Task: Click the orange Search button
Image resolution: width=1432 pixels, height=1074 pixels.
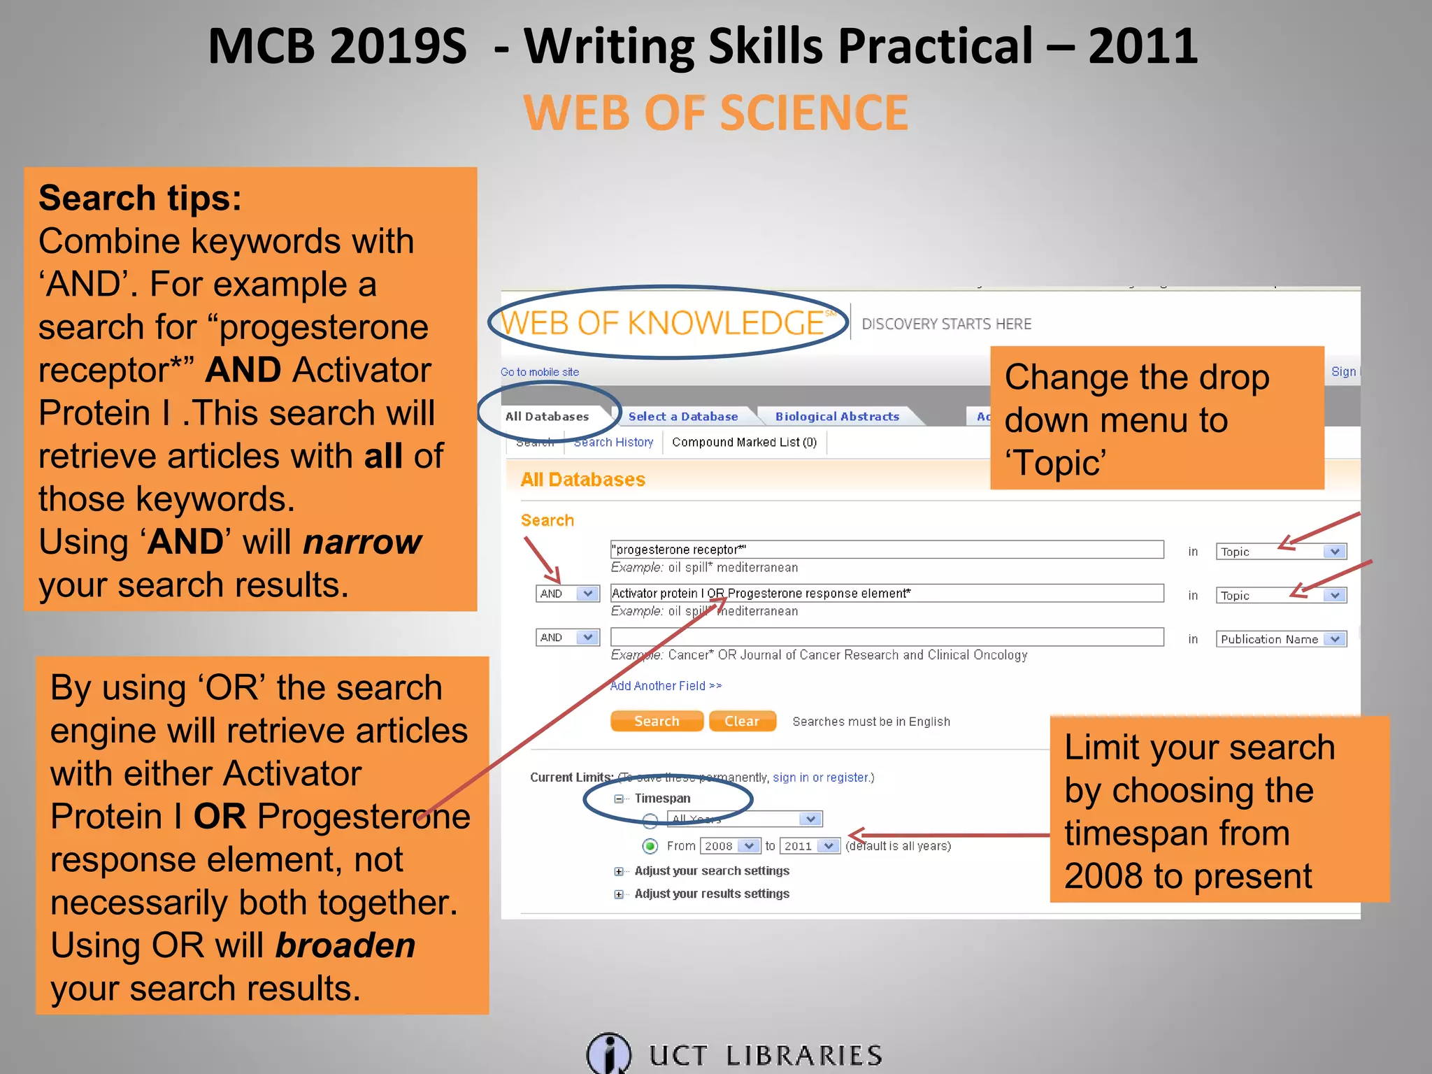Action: tap(657, 721)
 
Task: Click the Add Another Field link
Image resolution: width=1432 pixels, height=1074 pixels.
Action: tap(665, 686)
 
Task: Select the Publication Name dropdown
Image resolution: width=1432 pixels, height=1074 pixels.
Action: tap(1281, 639)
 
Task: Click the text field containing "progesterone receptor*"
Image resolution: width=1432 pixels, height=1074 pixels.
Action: tap(886, 550)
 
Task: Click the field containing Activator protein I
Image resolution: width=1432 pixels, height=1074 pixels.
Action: tap(886, 594)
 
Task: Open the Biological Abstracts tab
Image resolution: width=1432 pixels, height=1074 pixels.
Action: tap(837, 417)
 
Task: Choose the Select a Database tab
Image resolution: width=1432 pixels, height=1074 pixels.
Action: tap(682, 417)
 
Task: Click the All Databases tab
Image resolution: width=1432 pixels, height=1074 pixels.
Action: tap(547, 417)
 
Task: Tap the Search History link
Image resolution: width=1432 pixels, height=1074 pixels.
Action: tap(613, 443)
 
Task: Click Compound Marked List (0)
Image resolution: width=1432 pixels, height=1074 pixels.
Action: tap(744, 443)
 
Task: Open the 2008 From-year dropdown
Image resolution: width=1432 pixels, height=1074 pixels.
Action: tap(730, 846)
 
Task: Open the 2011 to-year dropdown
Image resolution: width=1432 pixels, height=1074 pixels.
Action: tap(810, 846)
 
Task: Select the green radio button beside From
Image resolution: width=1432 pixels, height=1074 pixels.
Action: tap(650, 847)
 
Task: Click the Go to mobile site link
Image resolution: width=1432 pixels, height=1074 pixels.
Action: tap(540, 372)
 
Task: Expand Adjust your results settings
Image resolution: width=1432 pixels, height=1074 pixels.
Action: tap(619, 894)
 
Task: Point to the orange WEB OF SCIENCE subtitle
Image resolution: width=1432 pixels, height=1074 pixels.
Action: tap(715, 113)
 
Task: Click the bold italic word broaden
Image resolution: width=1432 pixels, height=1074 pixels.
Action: tap(345, 945)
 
